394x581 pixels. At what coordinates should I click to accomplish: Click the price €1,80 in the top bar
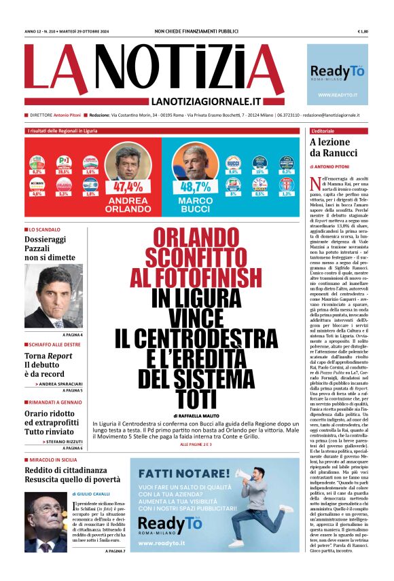362,31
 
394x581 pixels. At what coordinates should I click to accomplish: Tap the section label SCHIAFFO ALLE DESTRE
55,345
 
